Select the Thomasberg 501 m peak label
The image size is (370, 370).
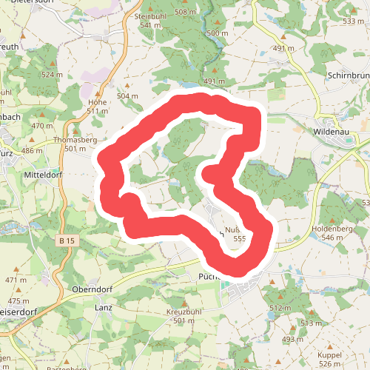click(75, 144)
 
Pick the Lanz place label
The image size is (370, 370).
click(103, 306)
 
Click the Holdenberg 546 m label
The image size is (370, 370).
click(332, 233)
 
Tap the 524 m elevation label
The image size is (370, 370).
click(53, 75)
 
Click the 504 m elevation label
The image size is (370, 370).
click(127, 96)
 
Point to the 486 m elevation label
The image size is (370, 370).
click(32, 150)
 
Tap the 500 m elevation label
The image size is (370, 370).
click(218, 33)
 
